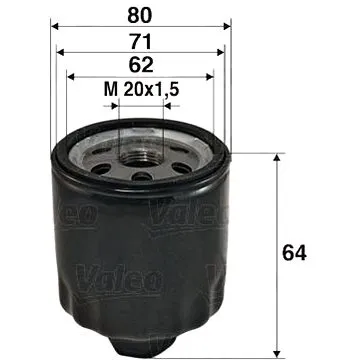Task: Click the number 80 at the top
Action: (x=139, y=15)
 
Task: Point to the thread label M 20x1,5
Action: (x=141, y=91)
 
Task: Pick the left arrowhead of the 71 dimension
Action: (x=63, y=52)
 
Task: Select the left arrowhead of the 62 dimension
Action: (x=72, y=75)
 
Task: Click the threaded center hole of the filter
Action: (x=141, y=152)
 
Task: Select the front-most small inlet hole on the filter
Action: (x=141, y=177)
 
